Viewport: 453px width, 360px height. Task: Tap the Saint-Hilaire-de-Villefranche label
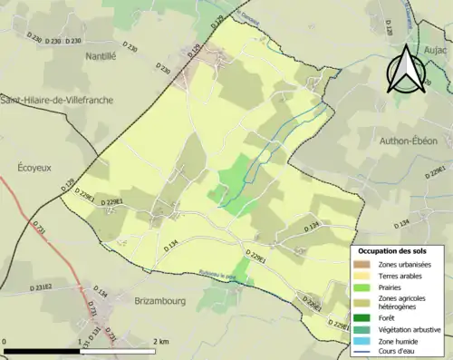(x=56, y=100)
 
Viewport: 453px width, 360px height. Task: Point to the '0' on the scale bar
(x=5, y=340)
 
